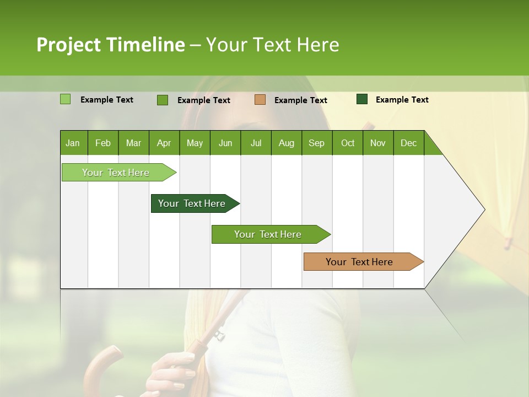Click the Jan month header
[73, 143]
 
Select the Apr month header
[164, 143]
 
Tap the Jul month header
[256, 143]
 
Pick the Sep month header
[316, 143]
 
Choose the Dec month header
[408, 143]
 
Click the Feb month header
[103, 143]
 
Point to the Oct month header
[348, 143]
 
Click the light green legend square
[65, 99]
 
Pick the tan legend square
[260, 100]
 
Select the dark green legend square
[362, 99]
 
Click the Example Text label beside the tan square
[300, 100]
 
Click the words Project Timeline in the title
[110, 45]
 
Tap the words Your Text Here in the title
[272, 45]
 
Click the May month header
[195, 143]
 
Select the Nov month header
[377, 143]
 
